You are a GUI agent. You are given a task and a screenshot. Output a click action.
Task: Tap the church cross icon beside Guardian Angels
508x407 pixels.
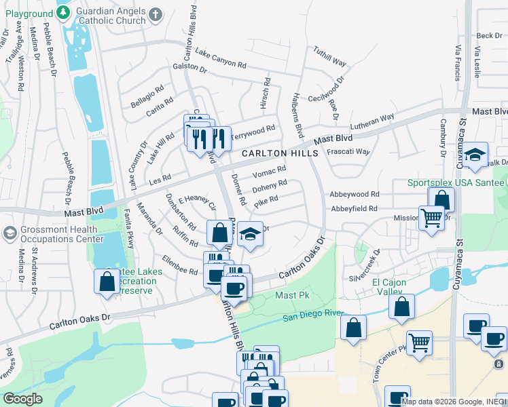[156, 14]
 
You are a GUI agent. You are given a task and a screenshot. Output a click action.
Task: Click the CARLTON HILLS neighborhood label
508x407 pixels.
[280, 154]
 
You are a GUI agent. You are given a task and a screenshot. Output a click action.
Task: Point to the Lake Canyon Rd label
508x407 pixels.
[220, 58]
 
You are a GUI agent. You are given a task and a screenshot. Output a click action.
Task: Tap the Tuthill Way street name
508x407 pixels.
[330, 56]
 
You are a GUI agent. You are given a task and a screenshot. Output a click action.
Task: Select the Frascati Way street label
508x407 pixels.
[348, 151]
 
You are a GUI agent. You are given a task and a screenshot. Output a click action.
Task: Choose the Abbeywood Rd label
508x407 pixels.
[352, 194]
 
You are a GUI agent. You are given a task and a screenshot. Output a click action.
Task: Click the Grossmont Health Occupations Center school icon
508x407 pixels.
[10, 233]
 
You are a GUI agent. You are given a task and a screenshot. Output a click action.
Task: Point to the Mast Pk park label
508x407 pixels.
[292, 296]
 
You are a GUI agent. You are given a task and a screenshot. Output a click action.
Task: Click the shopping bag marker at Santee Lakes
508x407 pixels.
[107, 282]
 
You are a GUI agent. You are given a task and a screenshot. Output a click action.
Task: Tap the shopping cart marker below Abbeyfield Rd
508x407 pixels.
[431, 219]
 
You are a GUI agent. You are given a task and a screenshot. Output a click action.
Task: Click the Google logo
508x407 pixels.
[22, 399]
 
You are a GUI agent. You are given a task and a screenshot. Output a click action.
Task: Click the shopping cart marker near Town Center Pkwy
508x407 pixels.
[419, 344]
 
